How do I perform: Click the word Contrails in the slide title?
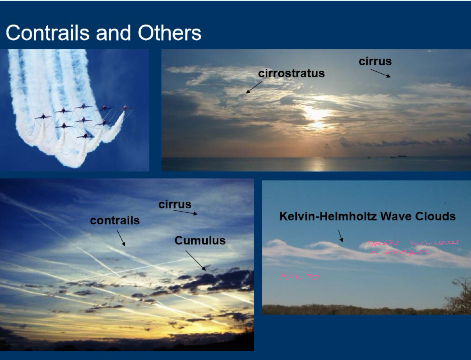(x=47, y=33)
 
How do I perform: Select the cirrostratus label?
(x=291, y=74)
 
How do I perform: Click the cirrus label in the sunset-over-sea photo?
(x=375, y=61)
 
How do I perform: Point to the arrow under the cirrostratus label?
(x=254, y=87)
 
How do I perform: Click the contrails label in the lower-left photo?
(x=115, y=221)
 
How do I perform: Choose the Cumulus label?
(x=200, y=240)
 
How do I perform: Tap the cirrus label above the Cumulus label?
(x=175, y=205)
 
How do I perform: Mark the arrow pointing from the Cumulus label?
(x=196, y=260)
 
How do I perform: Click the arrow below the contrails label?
(x=121, y=238)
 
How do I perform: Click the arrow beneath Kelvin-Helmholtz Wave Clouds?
(x=340, y=236)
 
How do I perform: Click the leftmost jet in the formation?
(x=43, y=117)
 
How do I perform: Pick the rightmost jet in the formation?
(x=125, y=108)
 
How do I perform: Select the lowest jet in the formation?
(x=85, y=136)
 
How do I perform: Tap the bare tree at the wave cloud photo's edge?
(x=459, y=296)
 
